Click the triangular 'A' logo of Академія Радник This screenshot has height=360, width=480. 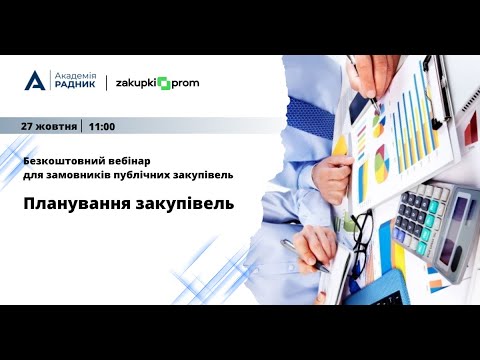pyautogui.click(x=35, y=82)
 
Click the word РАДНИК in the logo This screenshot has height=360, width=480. pyautogui.click(x=74, y=88)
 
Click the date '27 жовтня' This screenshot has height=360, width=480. pyautogui.click(x=51, y=127)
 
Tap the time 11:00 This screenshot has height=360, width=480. pyautogui.click(x=102, y=127)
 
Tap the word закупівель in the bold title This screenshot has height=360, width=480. pyautogui.click(x=183, y=204)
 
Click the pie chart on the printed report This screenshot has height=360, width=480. pyautogui.click(x=379, y=160)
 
